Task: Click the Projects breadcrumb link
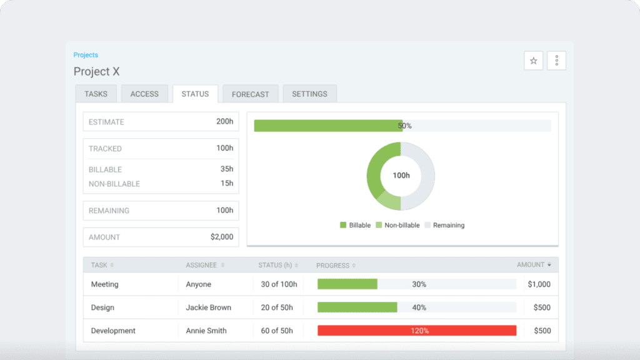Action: point(86,55)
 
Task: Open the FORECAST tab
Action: point(250,94)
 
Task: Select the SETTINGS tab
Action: point(309,94)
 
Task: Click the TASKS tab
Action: point(96,94)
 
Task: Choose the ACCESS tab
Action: point(144,94)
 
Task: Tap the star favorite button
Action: point(533,61)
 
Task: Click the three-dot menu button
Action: point(556,61)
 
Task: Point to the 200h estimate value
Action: point(224,121)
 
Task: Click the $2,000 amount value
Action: point(221,237)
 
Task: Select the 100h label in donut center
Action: point(401,176)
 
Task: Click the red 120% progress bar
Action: point(417,331)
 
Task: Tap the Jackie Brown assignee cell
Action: point(208,307)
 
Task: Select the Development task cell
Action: point(113,331)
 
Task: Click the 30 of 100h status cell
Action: point(279,284)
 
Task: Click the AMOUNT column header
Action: point(533,265)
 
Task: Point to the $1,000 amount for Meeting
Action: point(539,284)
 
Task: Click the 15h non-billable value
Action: point(226,183)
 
